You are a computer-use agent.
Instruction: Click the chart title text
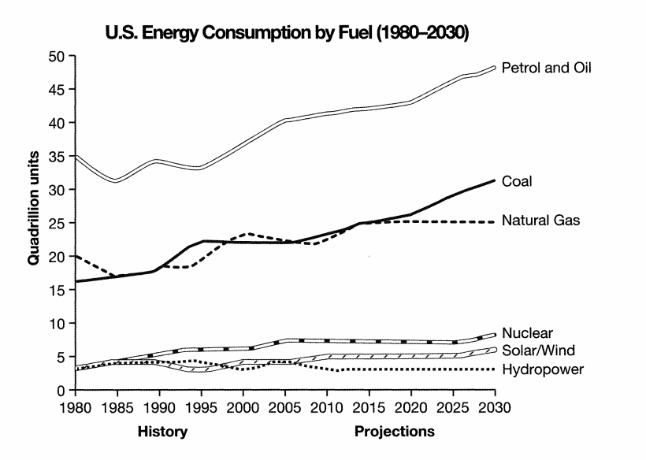click(288, 33)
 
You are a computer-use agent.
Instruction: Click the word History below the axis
click(162, 432)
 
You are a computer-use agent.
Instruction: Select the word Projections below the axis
click(394, 432)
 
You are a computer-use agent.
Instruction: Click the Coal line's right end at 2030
click(495, 180)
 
